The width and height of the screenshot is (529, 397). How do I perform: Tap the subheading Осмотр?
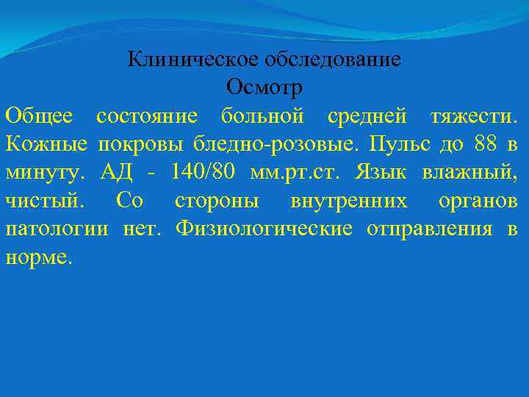(x=264, y=87)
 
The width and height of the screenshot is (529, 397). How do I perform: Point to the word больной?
(x=262, y=115)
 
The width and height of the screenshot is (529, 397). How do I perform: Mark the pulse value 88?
(x=484, y=144)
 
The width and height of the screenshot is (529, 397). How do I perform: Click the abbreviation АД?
(x=117, y=172)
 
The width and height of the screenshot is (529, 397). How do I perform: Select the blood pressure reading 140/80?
(x=202, y=172)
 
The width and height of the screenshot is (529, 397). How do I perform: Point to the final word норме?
(x=39, y=258)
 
